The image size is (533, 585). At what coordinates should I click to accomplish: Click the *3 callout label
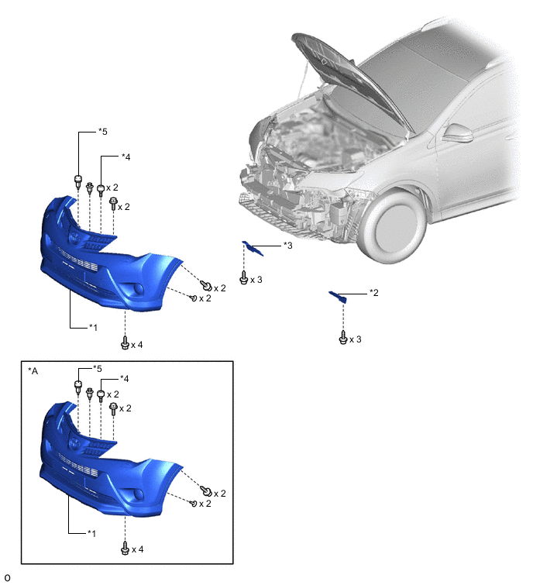288,245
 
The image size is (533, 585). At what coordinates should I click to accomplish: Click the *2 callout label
373,293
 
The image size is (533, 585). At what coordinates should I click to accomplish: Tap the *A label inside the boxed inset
33,371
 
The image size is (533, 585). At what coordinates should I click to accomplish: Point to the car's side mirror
458,132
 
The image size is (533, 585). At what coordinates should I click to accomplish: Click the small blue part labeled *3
253,248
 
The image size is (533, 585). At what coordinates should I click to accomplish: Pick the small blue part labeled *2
338,297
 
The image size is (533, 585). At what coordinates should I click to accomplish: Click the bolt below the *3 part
244,277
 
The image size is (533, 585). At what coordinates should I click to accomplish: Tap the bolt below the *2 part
343,337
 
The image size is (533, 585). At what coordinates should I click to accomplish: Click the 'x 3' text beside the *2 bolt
356,339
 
